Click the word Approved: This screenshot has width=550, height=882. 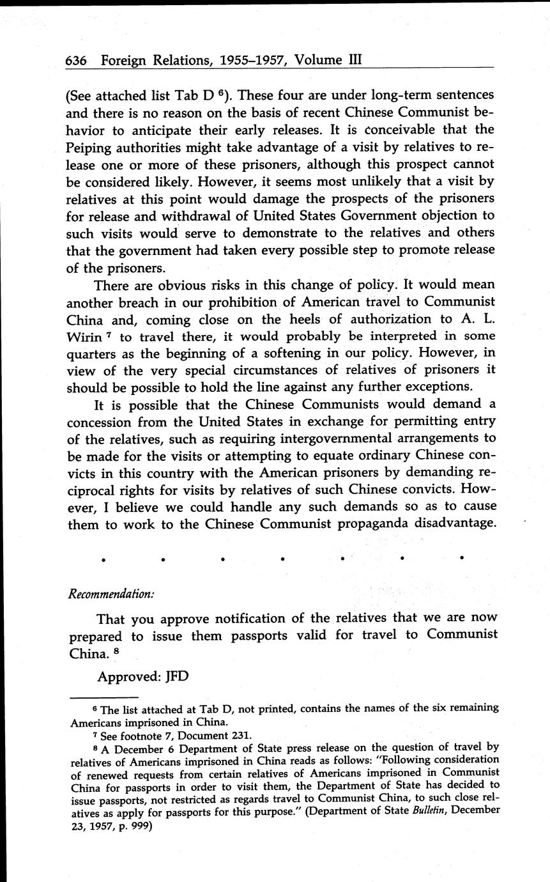[x=128, y=676]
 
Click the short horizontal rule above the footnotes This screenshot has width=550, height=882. [x=103, y=697]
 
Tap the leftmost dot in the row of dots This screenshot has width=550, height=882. [x=103, y=559]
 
